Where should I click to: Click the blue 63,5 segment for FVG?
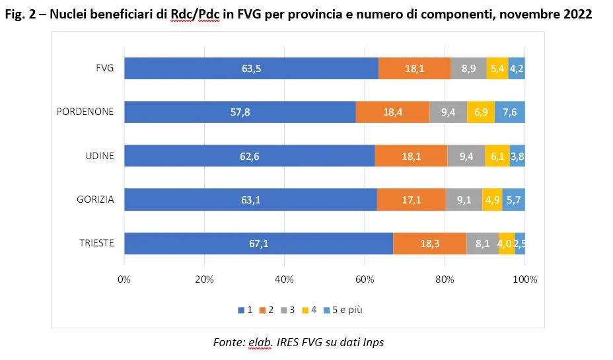pyautogui.click(x=251, y=69)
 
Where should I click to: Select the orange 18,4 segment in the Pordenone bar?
pyautogui.click(x=392, y=112)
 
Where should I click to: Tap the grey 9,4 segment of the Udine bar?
pyautogui.click(x=466, y=156)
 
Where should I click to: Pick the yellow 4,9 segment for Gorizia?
pyautogui.click(x=491, y=199)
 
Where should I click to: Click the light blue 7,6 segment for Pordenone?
pyautogui.click(x=510, y=112)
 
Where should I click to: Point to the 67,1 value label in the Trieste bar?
pyautogui.click(x=258, y=243)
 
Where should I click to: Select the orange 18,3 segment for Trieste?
pyautogui.click(x=429, y=243)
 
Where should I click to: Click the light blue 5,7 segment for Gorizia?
pyautogui.click(x=513, y=199)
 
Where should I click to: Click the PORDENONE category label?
pyautogui.click(x=85, y=112)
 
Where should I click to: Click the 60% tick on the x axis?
pyautogui.click(x=365, y=279)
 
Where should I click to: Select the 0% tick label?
pyautogui.click(x=124, y=279)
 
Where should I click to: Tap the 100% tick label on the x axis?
pyautogui.click(x=524, y=279)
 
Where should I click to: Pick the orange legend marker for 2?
pyautogui.click(x=261, y=310)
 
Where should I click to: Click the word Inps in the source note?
pyautogui.click(x=373, y=342)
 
